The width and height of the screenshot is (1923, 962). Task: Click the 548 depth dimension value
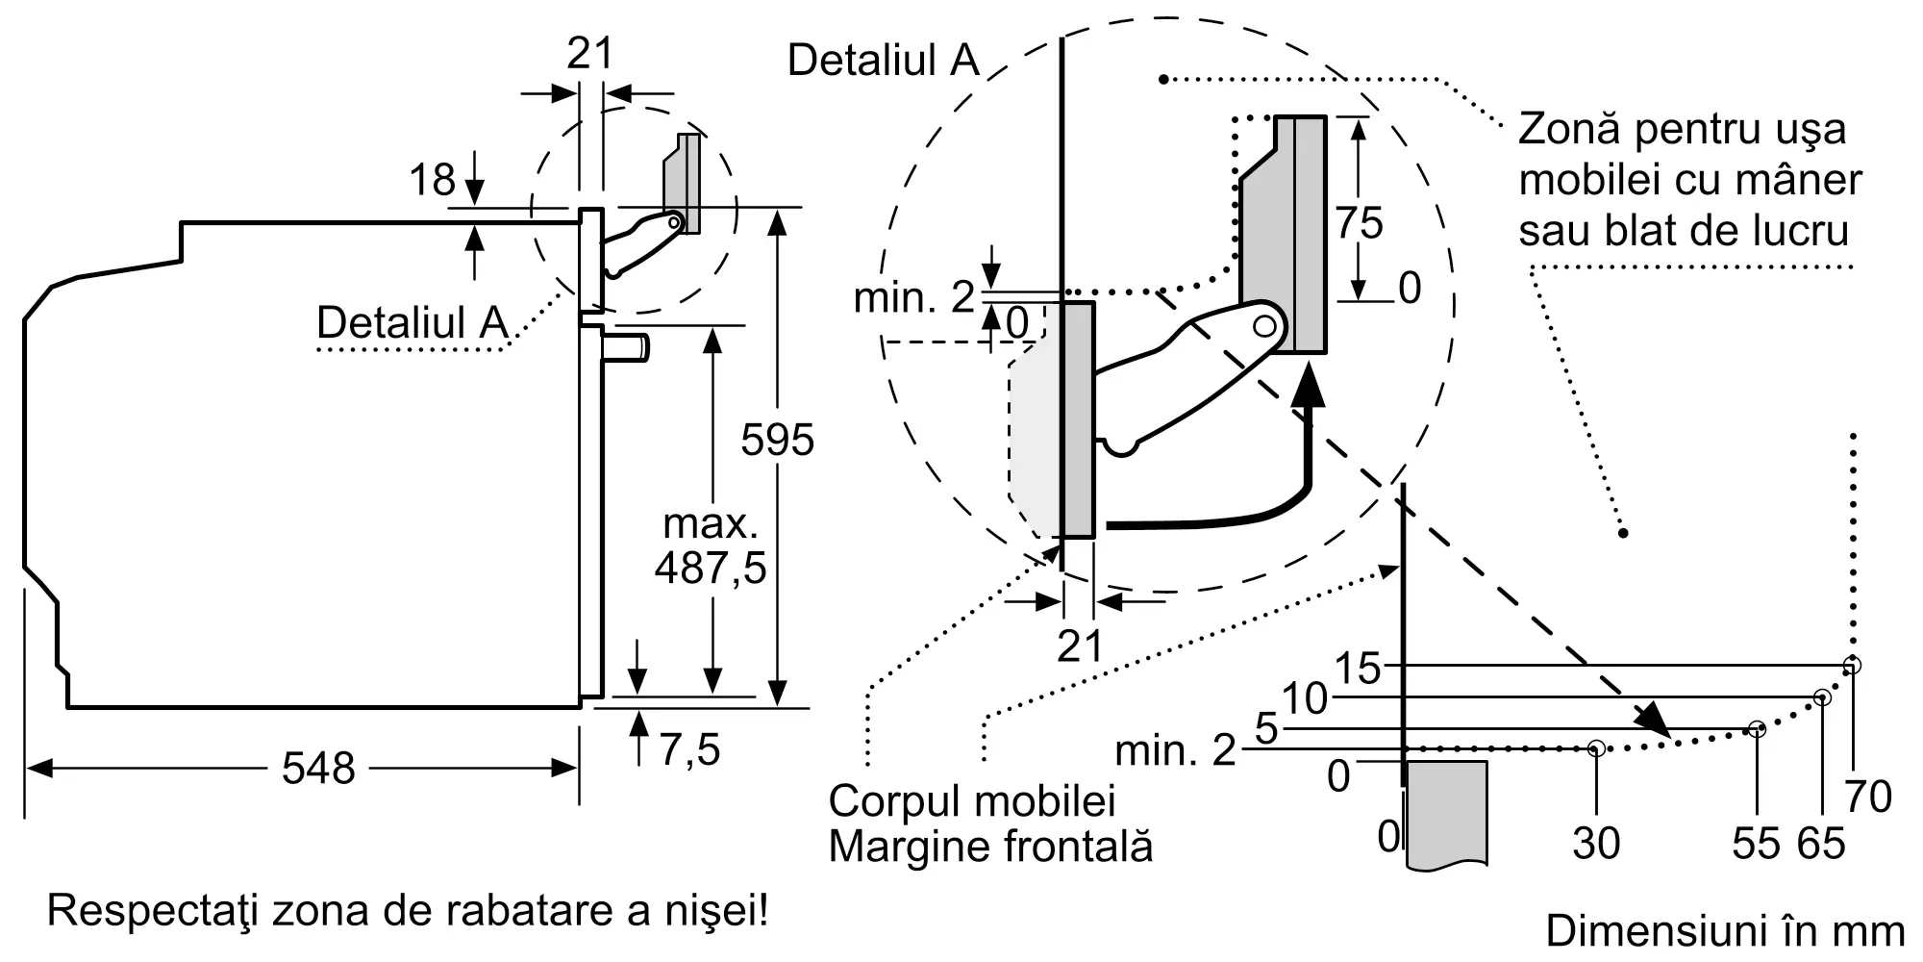pos(318,769)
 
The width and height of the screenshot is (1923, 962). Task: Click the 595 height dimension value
pos(777,440)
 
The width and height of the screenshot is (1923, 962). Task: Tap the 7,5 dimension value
pos(689,749)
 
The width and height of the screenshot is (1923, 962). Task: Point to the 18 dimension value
pos(432,180)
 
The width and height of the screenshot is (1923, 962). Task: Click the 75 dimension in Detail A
pos(1359,223)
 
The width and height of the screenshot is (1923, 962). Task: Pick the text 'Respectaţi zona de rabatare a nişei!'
pos(408,910)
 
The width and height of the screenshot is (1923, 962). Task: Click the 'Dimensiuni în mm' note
pos(1725,931)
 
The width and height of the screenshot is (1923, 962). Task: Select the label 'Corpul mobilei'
pos(971,801)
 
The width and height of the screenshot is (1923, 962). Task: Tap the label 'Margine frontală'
pos(989,847)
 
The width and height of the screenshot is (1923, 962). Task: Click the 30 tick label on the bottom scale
pos(1596,844)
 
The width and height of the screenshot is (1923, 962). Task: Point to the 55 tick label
pos(1756,844)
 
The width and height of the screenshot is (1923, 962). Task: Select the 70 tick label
pos(1868,797)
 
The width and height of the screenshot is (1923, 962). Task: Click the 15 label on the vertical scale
pos(1358,668)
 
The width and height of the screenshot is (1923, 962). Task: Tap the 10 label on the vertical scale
pos(1305,698)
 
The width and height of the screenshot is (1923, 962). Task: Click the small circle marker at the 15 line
pos(1852,665)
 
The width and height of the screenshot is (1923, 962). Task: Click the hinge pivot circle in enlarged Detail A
pos(1265,326)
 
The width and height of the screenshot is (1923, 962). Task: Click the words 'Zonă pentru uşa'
pos(1682,130)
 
